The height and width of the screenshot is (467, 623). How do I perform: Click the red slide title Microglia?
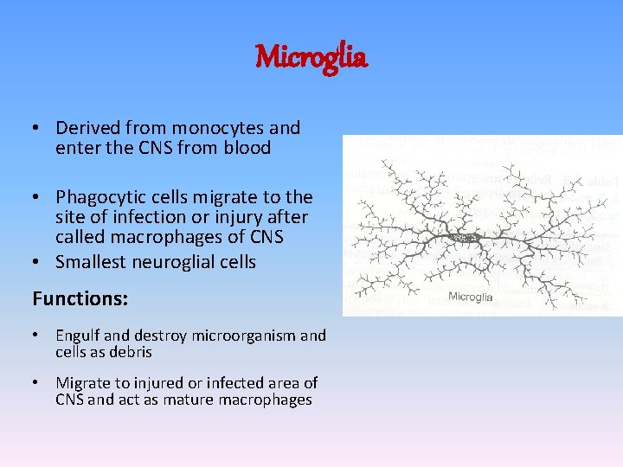click(311, 58)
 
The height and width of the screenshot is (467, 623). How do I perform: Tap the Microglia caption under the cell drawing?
click(471, 297)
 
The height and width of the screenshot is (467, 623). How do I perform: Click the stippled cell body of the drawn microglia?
click(470, 236)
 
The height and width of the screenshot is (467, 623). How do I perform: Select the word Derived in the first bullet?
click(86, 128)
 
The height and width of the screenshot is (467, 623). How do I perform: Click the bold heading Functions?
click(80, 299)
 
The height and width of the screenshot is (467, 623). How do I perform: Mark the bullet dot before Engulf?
click(36, 336)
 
